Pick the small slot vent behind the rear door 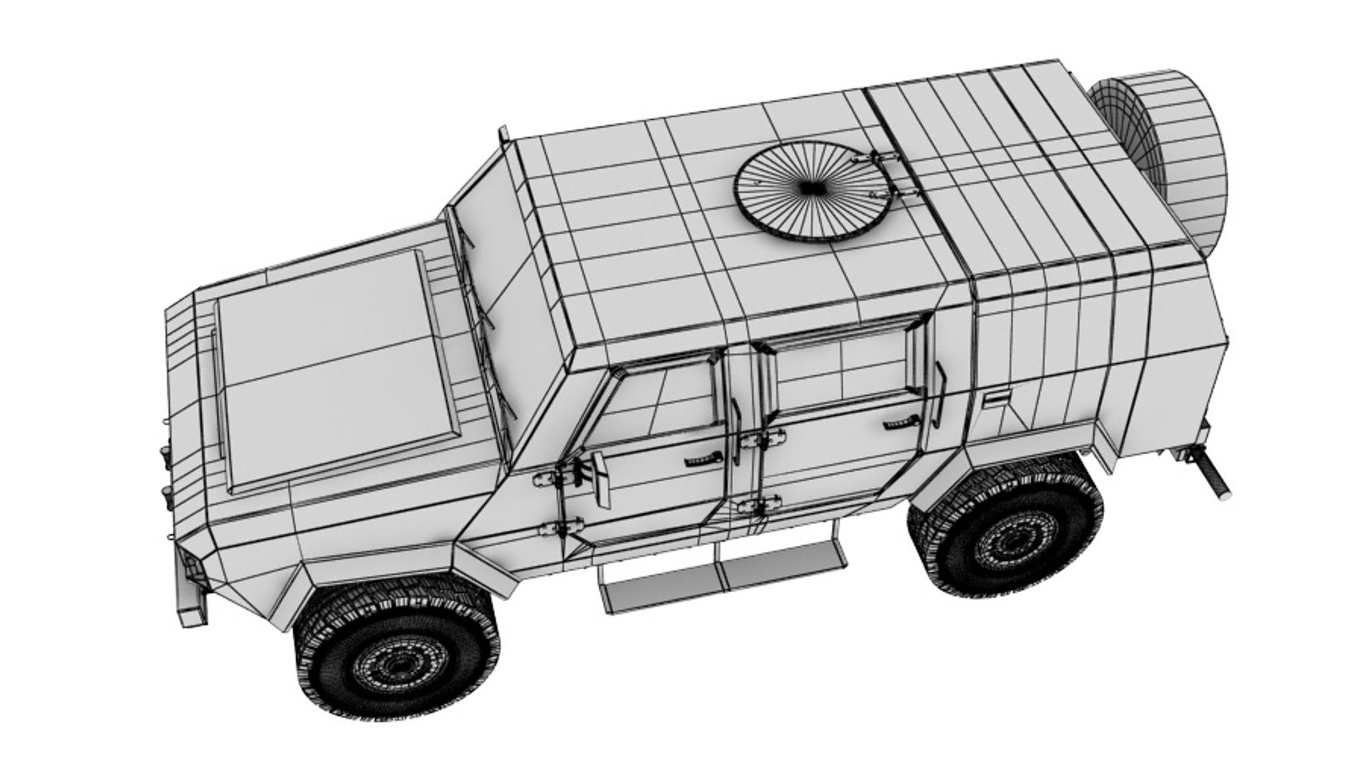[x=996, y=398]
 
